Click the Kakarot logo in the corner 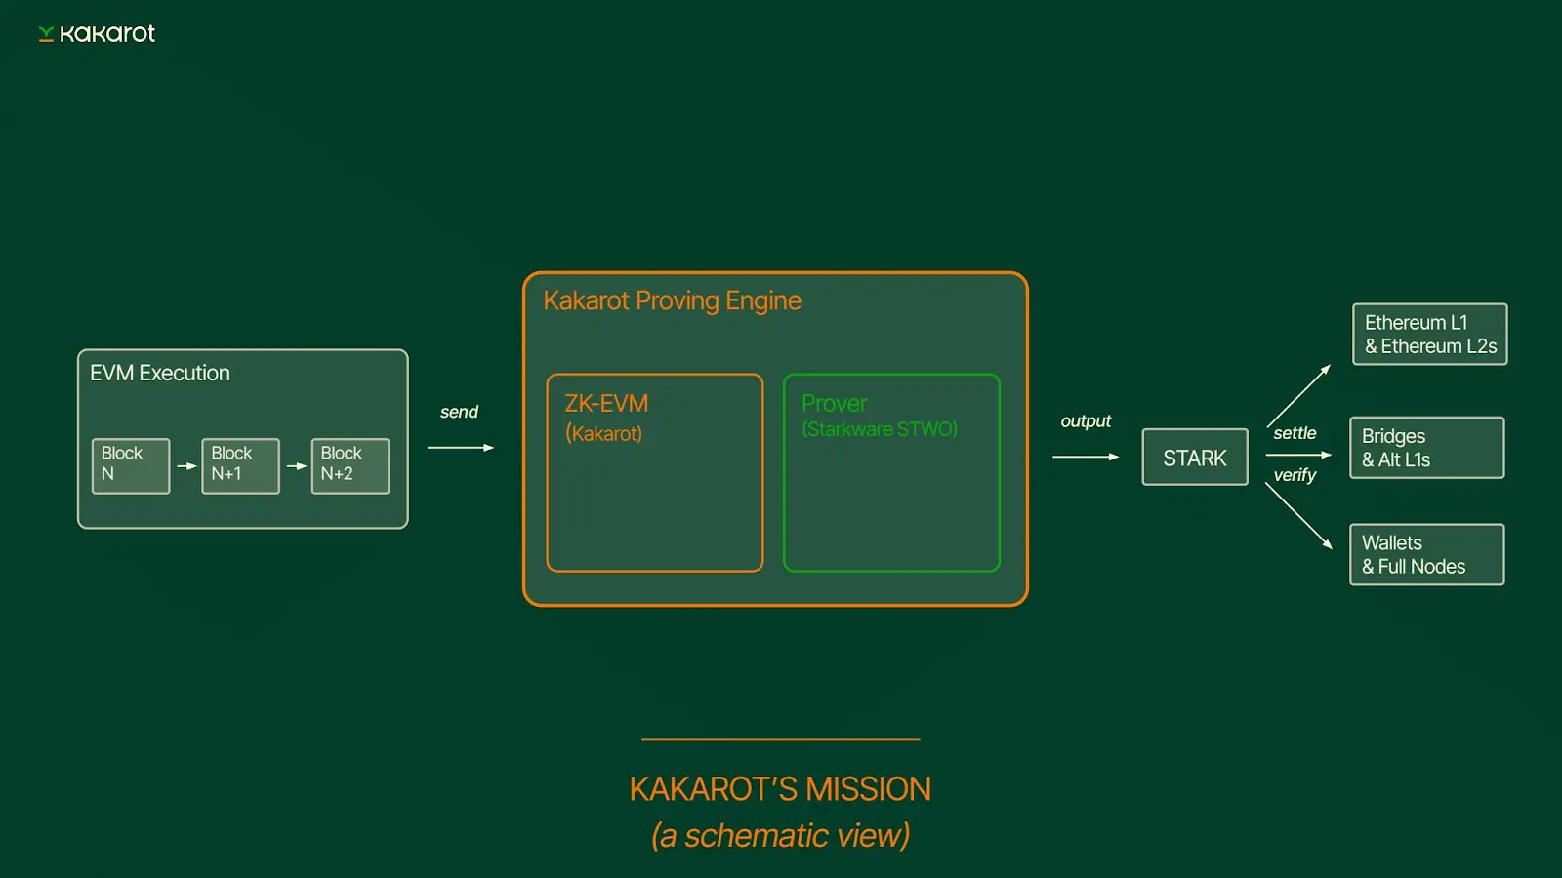click(x=97, y=34)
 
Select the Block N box click(x=131, y=465)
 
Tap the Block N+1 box click(x=240, y=465)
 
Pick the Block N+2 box click(x=349, y=465)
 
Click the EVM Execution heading click(x=160, y=373)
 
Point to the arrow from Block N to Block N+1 click(x=186, y=466)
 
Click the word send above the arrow click(x=459, y=412)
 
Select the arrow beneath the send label click(x=461, y=448)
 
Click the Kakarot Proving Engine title click(x=672, y=300)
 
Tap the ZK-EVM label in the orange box click(x=606, y=404)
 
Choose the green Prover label click(x=834, y=404)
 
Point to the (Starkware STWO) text click(x=879, y=429)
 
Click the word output click(x=1086, y=420)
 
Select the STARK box click(x=1195, y=458)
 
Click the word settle click(x=1295, y=433)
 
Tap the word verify click(x=1295, y=475)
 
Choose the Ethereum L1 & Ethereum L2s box click(x=1429, y=335)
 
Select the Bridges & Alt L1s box click(x=1426, y=448)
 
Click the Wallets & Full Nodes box click(x=1426, y=554)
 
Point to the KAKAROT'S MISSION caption click(x=780, y=788)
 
